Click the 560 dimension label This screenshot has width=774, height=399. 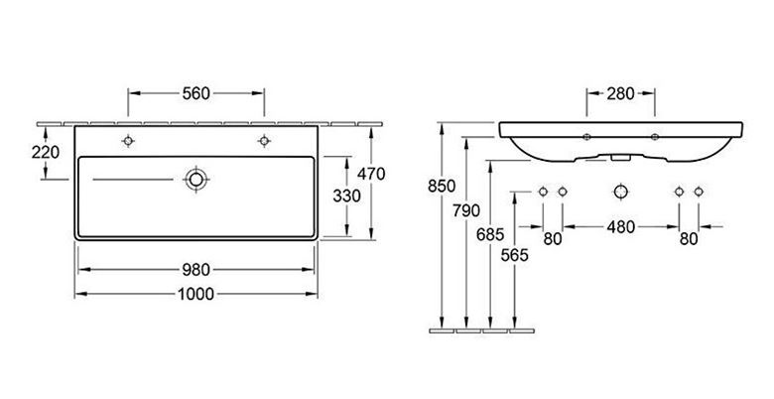tap(195, 93)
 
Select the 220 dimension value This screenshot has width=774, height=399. tap(46, 153)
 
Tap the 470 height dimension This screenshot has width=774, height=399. tap(371, 174)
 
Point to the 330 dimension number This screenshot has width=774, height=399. tap(346, 197)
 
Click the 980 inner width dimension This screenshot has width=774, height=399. tap(195, 270)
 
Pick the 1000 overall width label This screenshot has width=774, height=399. tap(195, 295)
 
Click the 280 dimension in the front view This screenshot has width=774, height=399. tap(620, 93)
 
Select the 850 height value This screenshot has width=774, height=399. tap(442, 187)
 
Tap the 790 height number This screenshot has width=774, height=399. tap(466, 210)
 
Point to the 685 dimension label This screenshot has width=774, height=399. tap(490, 234)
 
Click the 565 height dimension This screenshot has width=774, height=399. tap(514, 255)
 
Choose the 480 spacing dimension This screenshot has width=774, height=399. tap(620, 227)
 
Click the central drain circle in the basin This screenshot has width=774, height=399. tap(195, 180)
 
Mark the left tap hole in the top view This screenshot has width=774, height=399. tap(128, 141)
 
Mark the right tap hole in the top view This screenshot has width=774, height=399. tap(264, 141)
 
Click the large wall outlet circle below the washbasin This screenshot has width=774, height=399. tap(620, 192)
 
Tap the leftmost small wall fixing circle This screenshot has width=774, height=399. tap(543, 192)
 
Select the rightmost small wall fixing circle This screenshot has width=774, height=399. tap(699, 192)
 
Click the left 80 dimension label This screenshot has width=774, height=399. tap(553, 239)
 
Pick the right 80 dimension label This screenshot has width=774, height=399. tap(689, 239)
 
